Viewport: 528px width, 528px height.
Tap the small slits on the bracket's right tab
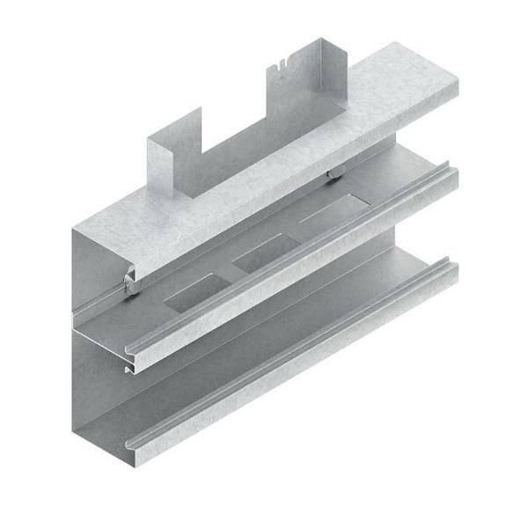tap(279, 62)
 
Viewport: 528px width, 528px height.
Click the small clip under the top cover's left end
tap(130, 282)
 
